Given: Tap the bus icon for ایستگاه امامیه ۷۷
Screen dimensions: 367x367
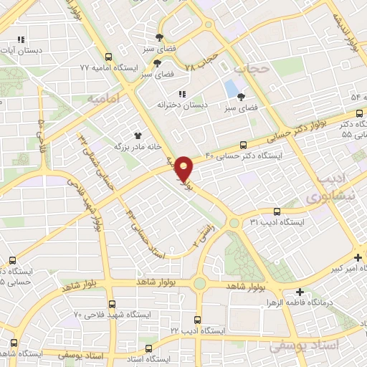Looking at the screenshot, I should point(108,57).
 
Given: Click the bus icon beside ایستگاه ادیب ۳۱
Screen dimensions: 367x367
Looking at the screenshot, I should point(277,211).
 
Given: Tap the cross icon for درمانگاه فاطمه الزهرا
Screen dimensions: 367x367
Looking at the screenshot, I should point(300,292).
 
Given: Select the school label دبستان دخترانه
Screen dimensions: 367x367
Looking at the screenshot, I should point(182,105).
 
